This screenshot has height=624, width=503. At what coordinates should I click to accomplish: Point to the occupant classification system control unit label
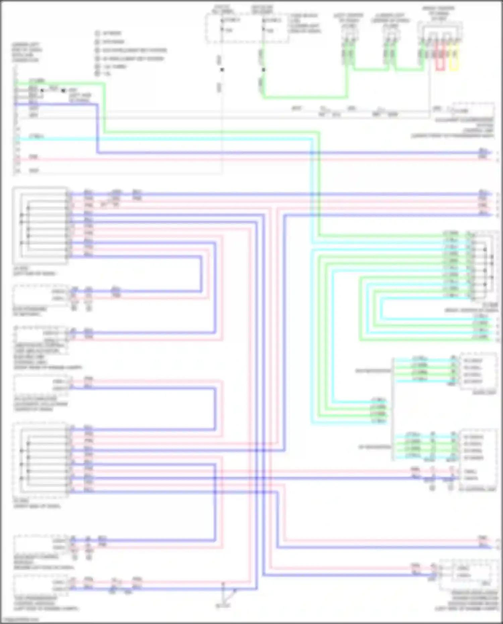[464, 128]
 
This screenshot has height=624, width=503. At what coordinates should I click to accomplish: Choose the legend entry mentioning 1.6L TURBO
[114, 66]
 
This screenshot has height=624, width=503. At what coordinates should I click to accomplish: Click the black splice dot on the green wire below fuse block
[264, 70]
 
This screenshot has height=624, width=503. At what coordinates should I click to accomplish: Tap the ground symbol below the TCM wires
[223, 605]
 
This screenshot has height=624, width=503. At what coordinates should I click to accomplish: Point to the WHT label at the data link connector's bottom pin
[34, 171]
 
